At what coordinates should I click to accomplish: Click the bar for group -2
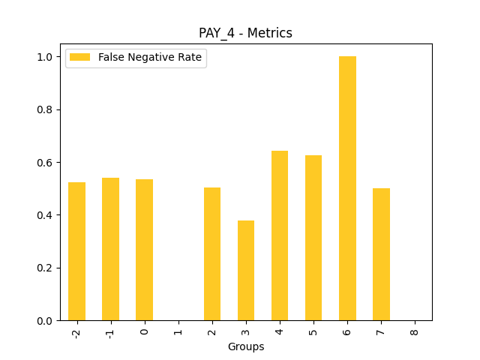click(76, 251)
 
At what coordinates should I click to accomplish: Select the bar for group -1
click(110, 249)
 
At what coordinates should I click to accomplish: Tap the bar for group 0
click(144, 250)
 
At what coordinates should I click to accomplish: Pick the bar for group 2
click(212, 254)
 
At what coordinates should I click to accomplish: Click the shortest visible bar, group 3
click(246, 271)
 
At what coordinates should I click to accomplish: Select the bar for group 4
click(280, 235)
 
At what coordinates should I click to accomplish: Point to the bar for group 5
click(313, 238)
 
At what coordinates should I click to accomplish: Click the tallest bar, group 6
click(347, 188)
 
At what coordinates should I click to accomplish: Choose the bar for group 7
click(381, 254)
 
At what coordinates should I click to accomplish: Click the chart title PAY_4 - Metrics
click(245, 33)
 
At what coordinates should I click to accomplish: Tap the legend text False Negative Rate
click(150, 58)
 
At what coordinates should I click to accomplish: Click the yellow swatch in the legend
click(80, 58)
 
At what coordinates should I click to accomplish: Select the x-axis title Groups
click(246, 346)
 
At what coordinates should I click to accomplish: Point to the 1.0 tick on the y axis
click(45, 57)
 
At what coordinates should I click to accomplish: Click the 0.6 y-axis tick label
click(45, 163)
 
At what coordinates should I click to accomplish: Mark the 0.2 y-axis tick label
click(45, 268)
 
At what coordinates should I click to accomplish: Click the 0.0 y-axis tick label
click(45, 321)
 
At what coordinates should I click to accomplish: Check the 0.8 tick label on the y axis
click(45, 109)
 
